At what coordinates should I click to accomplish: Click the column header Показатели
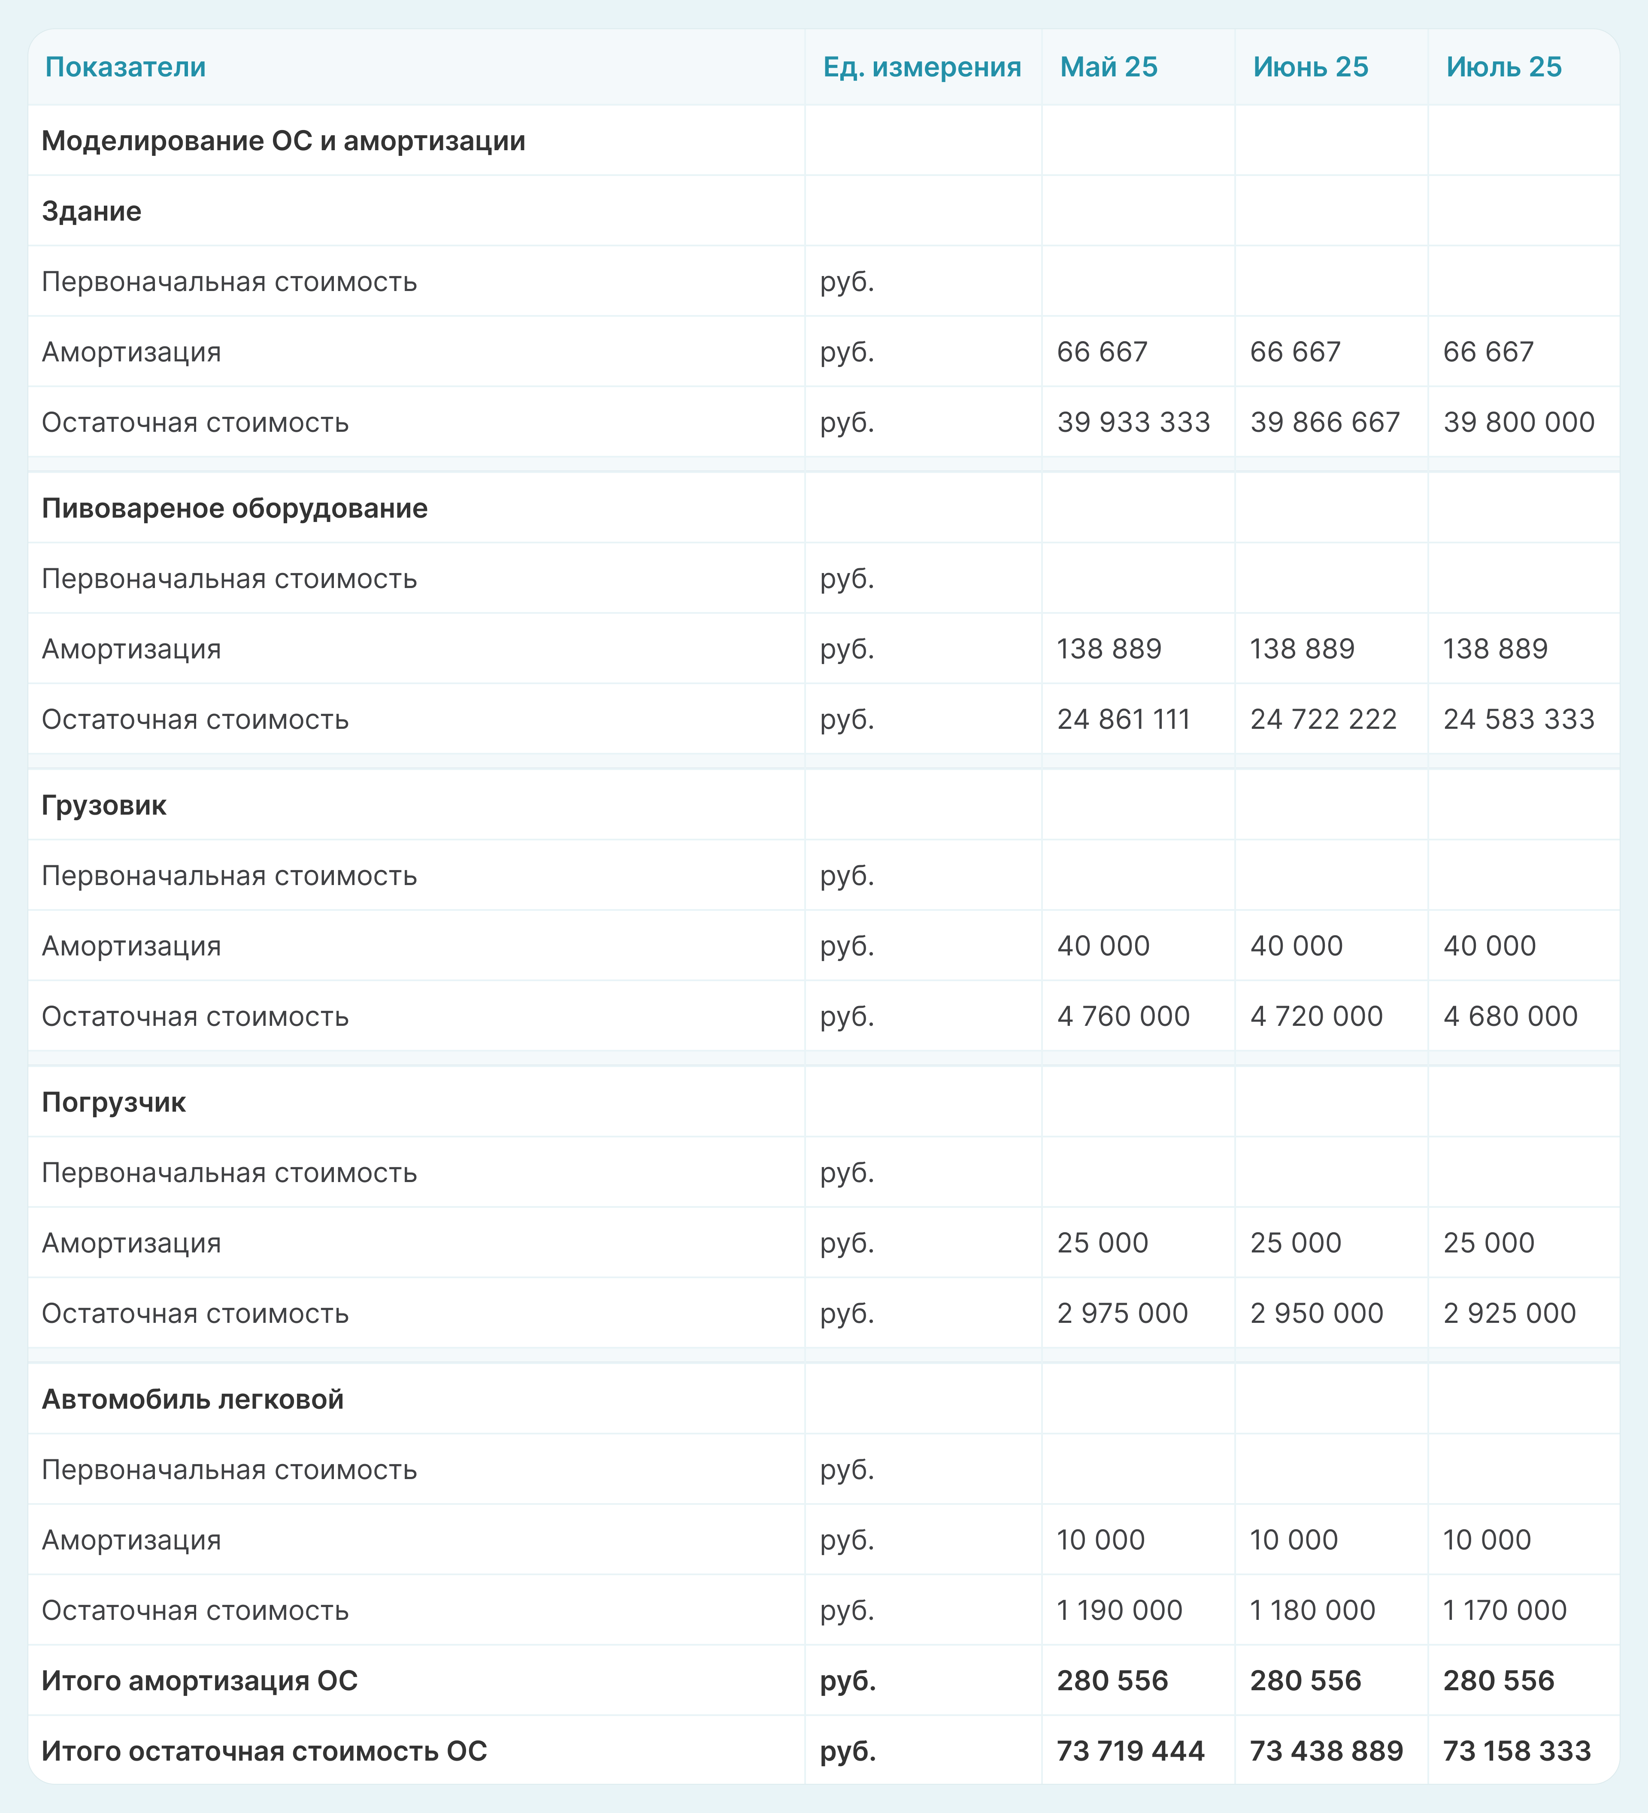tap(125, 67)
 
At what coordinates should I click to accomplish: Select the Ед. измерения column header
tap(921, 67)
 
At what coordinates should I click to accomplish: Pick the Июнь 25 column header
tap(1310, 67)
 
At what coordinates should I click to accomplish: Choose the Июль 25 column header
tap(1503, 67)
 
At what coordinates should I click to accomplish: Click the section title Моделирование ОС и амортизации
tap(283, 141)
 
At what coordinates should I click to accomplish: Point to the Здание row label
tap(92, 211)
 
